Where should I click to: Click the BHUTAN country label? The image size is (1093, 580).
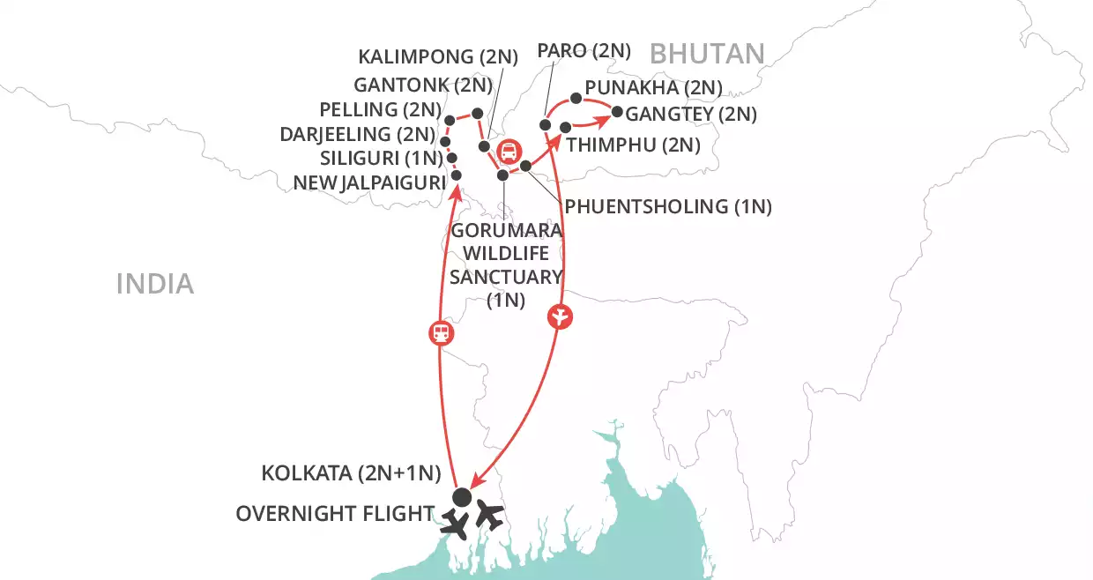tap(707, 54)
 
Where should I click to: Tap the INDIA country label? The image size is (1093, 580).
tap(154, 283)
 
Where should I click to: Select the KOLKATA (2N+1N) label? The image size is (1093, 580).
tap(351, 473)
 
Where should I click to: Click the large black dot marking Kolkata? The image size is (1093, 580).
tap(461, 497)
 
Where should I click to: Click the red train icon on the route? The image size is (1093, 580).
tap(440, 333)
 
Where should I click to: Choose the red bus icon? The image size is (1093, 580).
tap(509, 152)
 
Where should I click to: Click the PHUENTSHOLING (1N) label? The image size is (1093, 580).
tap(668, 207)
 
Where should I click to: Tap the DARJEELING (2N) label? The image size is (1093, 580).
tap(357, 135)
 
